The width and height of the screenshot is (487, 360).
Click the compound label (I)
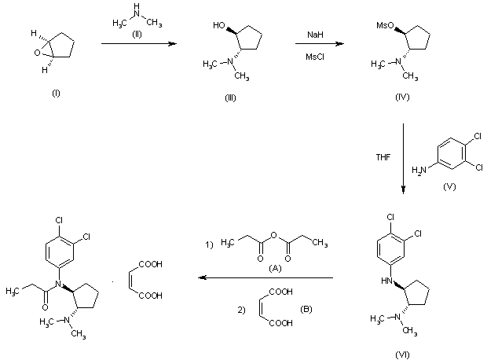click(56, 94)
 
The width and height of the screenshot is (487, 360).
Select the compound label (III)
click(229, 97)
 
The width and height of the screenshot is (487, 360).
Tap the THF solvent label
click(383, 156)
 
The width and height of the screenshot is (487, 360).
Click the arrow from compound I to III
click(137, 46)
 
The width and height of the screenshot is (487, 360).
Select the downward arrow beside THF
click(403, 157)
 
